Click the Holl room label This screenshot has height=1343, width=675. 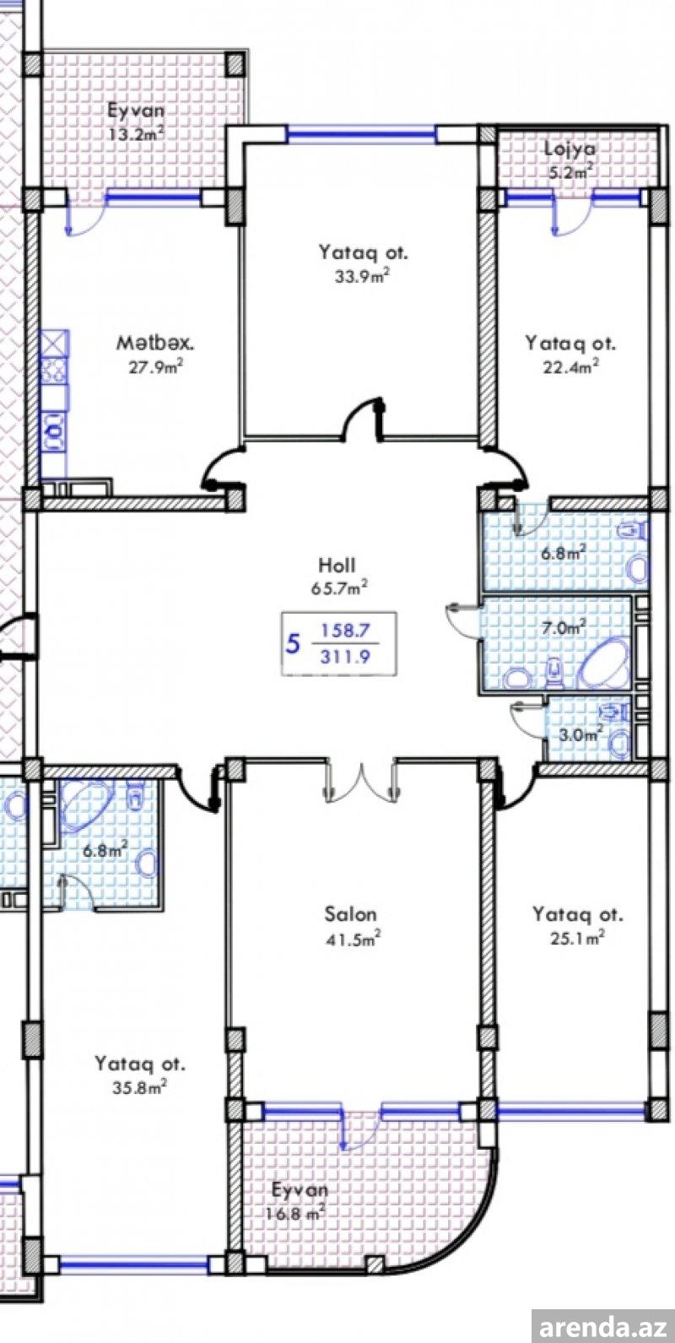pos(337,565)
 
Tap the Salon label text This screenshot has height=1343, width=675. pos(351,914)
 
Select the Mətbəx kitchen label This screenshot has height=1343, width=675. pos(155,344)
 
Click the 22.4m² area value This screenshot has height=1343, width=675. pos(570,366)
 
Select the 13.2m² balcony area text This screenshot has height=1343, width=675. pos(137,133)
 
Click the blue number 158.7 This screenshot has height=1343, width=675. pos(346,631)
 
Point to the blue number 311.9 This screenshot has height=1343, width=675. pos(345,657)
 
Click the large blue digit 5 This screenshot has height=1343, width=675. pos(293,645)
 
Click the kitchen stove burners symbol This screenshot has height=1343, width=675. pos(54,371)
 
